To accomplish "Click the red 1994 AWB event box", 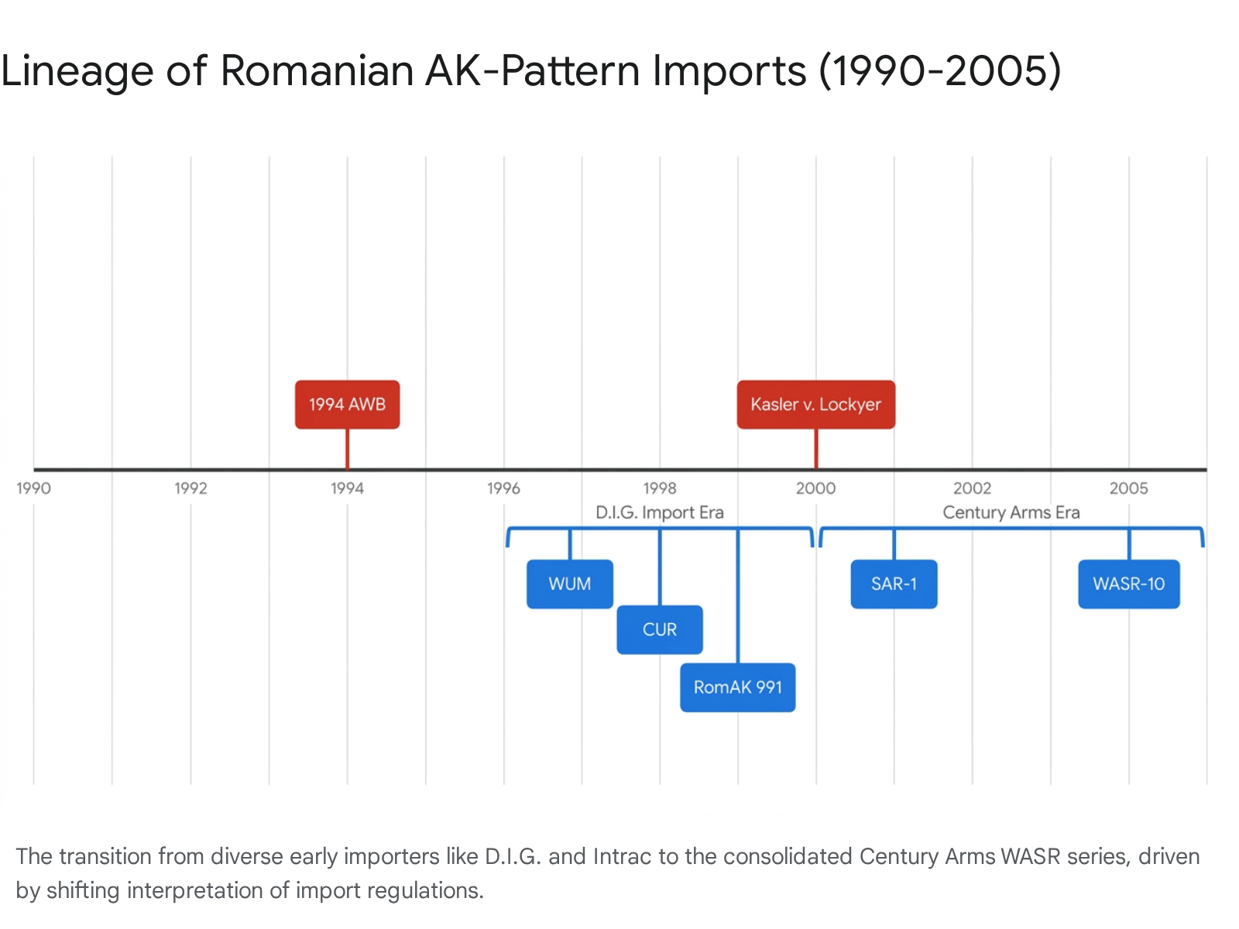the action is pyautogui.click(x=347, y=404).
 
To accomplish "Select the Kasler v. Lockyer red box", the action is pyautogui.click(x=815, y=404).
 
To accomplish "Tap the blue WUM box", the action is pyautogui.click(x=569, y=584).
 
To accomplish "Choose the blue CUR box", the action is pyautogui.click(x=659, y=629).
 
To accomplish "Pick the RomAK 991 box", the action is pyautogui.click(x=738, y=687).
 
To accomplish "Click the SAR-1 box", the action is pyautogui.click(x=894, y=584).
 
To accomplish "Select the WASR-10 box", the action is pyautogui.click(x=1129, y=584).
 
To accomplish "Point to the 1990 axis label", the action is pyautogui.click(x=34, y=488).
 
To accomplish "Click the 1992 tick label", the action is pyautogui.click(x=190, y=488).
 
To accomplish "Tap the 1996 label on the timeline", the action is pyautogui.click(x=503, y=488).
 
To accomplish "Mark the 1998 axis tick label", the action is pyautogui.click(x=660, y=488).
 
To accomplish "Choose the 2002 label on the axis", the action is pyautogui.click(x=972, y=488).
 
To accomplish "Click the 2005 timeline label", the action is pyautogui.click(x=1129, y=488).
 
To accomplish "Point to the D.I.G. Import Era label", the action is pyautogui.click(x=660, y=512).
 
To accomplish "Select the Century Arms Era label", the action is pyautogui.click(x=1011, y=512).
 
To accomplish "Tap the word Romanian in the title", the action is pyautogui.click(x=317, y=71).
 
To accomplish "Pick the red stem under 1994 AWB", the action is pyautogui.click(x=347, y=449).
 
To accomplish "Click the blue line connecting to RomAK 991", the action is pyautogui.click(x=738, y=595).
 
